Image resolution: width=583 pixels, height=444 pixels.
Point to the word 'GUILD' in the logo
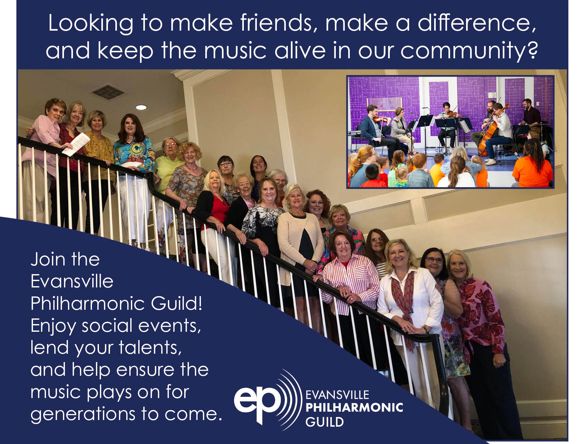point(324,422)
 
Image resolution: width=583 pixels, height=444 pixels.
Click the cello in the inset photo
point(490,133)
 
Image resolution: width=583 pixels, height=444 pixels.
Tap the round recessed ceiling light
point(141,107)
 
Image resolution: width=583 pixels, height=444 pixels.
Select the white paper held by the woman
point(76,144)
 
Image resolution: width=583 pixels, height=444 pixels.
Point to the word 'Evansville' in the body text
point(72,281)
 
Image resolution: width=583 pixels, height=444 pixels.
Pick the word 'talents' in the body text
point(150,347)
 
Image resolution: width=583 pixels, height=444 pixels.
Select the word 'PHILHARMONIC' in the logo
point(354,407)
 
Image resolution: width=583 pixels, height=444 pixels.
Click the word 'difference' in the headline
point(477,23)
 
